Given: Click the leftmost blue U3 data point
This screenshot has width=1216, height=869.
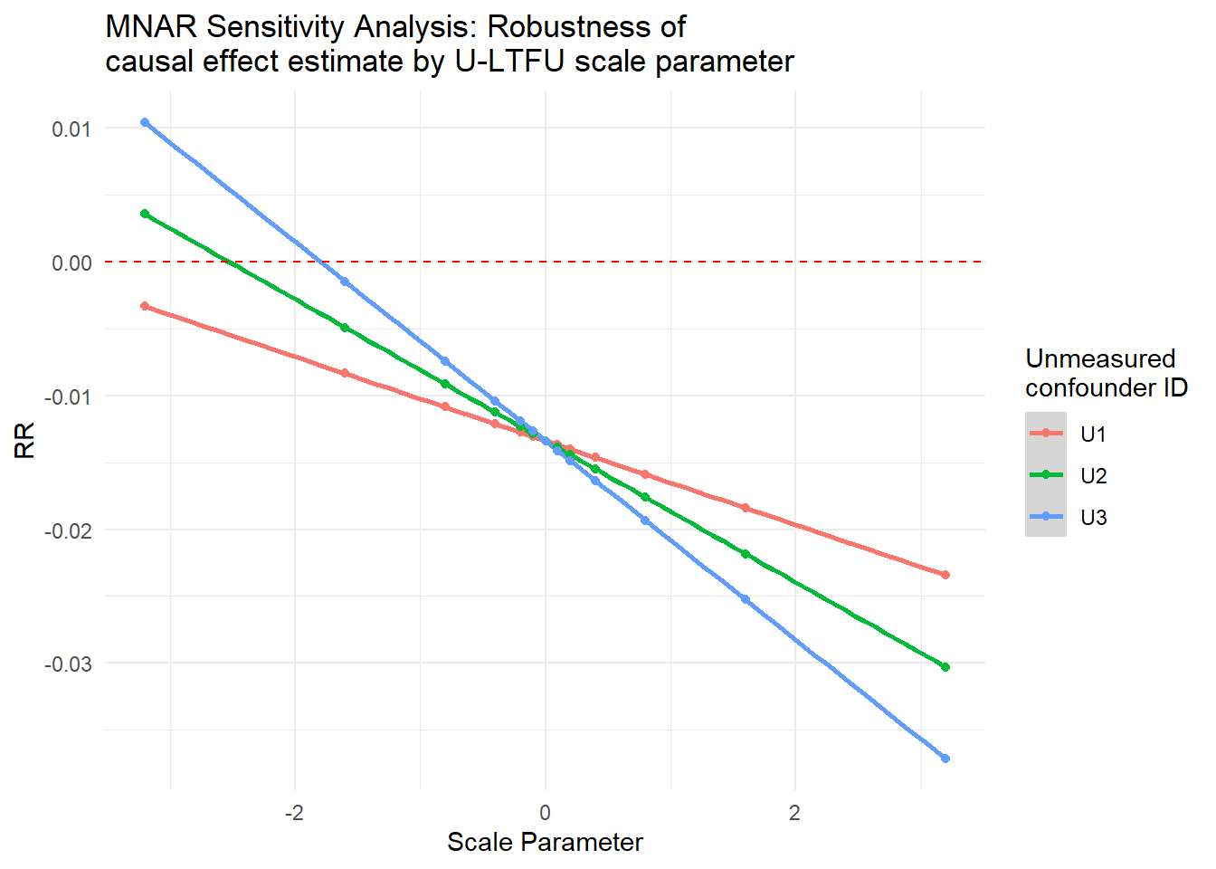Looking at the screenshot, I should (x=145, y=122).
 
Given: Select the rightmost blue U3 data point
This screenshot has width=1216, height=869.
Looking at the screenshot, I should (x=945, y=759).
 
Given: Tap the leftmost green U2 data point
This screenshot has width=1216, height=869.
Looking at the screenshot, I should (x=145, y=214).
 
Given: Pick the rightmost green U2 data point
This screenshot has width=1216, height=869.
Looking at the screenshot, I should (x=945, y=667).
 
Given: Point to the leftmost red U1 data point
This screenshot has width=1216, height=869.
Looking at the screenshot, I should (x=145, y=306).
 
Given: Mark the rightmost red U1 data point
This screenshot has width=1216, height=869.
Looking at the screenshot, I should (x=945, y=575).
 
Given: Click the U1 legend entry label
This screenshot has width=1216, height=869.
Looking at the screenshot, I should (x=1093, y=434).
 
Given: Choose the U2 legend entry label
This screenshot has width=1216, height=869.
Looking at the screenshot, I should (x=1093, y=476).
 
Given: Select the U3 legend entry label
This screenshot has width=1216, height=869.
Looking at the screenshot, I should (x=1093, y=518).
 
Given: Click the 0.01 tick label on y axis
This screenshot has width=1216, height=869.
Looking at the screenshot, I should (x=71, y=129).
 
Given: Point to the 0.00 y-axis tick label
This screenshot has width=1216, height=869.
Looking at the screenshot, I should (x=71, y=263).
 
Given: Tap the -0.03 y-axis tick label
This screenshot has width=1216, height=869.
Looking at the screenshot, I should (x=68, y=664).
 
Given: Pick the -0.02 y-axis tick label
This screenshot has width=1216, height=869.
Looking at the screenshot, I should (x=68, y=530).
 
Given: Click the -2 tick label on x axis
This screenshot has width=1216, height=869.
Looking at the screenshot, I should (x=294, y=813).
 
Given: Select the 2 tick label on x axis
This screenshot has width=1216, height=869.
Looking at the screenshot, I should (x=794, y=813).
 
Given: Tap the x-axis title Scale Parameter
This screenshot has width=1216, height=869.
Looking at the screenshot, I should (x=545, y=843).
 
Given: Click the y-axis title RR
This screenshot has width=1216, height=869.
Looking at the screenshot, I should (x=25, y=440).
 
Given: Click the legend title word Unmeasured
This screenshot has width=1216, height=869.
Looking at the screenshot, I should (x=1100, y=359).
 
